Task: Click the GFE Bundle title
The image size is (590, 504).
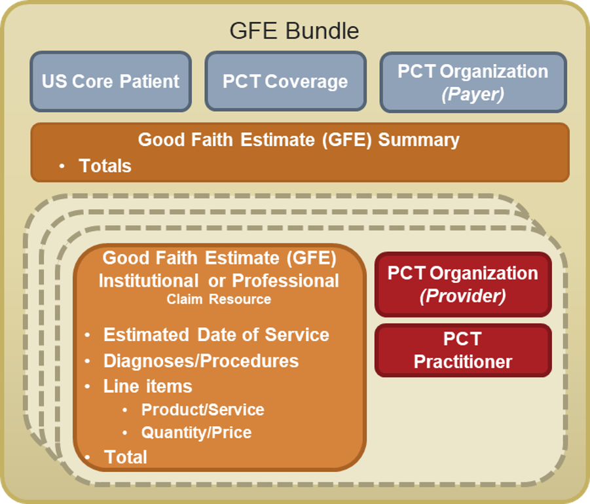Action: pos(294,31)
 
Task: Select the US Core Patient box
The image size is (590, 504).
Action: pos(111,82)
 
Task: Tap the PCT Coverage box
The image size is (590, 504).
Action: pos(285,82)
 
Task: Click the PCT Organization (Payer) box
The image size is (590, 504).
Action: pos(473,82)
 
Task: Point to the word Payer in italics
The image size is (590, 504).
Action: pos(473,94)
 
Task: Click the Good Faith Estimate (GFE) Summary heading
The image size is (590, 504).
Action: pos(299,139)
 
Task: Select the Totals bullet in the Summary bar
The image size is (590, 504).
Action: pos(105,166)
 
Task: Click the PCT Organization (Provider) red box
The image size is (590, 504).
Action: pos(462,284)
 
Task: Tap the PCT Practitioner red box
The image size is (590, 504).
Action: pos(462,350)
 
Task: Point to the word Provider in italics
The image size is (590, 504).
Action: pos(462,296)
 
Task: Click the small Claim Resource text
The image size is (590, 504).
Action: pos(219,299)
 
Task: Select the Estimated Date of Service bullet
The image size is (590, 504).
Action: pos(216,334)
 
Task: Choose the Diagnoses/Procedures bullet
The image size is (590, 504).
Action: pos(200,361)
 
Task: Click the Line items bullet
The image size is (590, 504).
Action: pos(147,386)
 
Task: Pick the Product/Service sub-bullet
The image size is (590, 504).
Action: pos(202,410)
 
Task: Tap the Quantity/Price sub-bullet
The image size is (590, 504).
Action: pos(196,433)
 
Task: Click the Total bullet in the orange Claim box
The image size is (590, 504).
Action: pos(125,457)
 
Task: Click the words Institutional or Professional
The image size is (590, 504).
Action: pos(219,281)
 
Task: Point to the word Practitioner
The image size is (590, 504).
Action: pos(462,361)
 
